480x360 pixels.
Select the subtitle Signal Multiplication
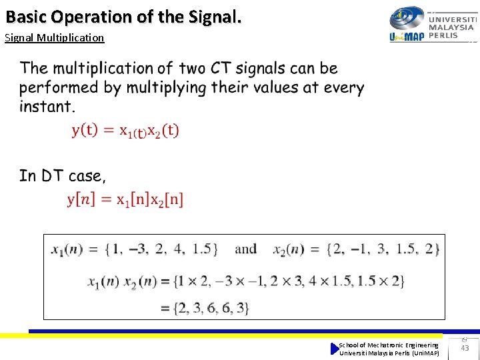(x=54, y=37)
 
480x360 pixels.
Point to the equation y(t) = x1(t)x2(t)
(x=125, y=131)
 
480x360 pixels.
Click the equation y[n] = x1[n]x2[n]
(x=125, y=199)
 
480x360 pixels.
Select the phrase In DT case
(x=62, y=176)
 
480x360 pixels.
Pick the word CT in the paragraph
(x=222, y=68)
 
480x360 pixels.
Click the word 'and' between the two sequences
(x=245, y=249)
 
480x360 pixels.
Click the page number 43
(x=465, y=348)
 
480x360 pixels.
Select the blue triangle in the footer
(x=335, y=348)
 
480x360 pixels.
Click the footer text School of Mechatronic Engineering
(x=389, y=345)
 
